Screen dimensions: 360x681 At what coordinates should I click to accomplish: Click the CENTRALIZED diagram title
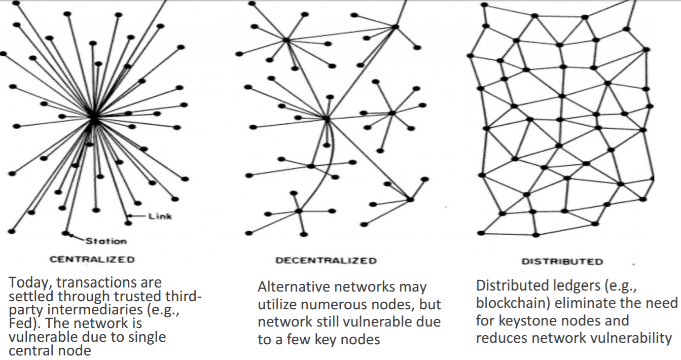[x=92, y=260]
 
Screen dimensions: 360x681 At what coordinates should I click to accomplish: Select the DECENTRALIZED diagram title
[x=326, y=261]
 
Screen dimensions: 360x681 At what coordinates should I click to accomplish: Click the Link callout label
[x=160, y=217]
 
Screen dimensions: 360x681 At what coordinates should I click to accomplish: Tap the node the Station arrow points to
[x=65, y=233]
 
